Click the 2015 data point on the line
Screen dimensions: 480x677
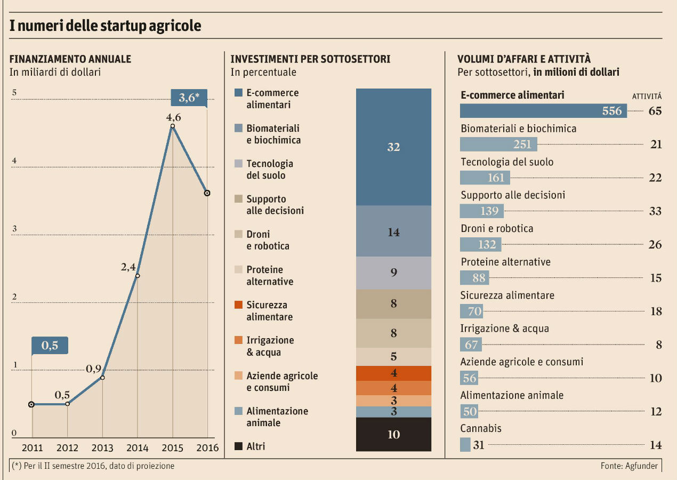click(173, 126)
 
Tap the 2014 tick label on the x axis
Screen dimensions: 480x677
click(138, 447)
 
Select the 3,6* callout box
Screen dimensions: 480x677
click(189, 98)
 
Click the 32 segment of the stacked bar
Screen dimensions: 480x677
click(393, 147)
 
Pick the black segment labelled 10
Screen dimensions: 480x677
click(393, 434)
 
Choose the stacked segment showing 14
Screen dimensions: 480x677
click(393, 231)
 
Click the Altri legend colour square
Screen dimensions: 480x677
click(239, 446)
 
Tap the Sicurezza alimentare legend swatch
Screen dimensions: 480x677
click(239, 305)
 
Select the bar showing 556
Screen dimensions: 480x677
click(543, 110)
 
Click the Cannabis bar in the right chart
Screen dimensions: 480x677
click(465, 444)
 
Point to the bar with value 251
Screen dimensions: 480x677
click(498, 145)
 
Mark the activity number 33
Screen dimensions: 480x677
click(655, 211)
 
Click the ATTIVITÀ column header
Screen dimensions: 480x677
click(647, 97)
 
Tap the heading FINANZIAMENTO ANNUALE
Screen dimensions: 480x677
click(70, 59)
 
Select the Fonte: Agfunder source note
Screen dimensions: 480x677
click(629, 466)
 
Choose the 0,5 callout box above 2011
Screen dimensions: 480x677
click(50, 346)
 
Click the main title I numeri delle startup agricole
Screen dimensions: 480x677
click(106, 26)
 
